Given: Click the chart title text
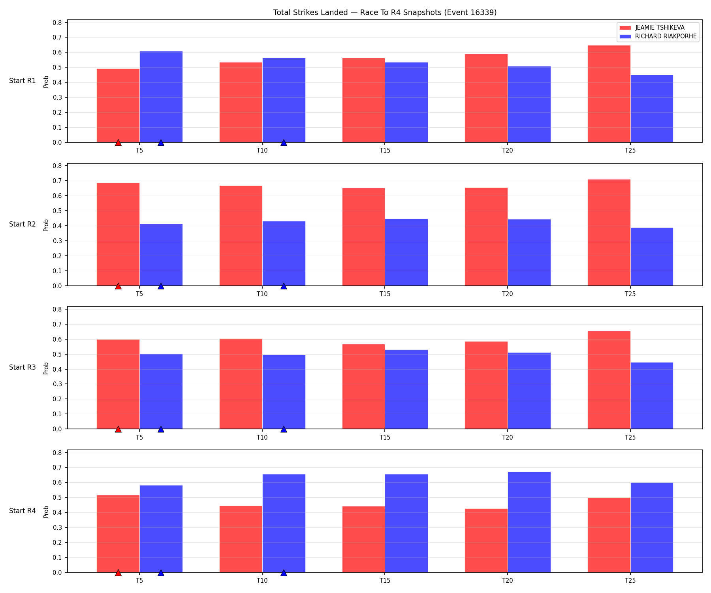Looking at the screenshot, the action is (385, 13).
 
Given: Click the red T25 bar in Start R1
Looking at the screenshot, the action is (609, 94).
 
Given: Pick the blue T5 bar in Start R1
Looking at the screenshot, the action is (161, 97).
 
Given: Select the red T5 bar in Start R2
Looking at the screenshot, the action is (118, 234).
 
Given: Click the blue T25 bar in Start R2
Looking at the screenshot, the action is (652, 257).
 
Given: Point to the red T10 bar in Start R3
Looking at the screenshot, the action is (241, 384).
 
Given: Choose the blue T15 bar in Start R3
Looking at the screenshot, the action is (406, 389).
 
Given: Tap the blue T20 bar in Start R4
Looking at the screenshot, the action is (529, 522).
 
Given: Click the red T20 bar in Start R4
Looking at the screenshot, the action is (486, 540).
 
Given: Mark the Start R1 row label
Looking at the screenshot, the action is (23, 81).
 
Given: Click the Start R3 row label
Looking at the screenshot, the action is (23, 368).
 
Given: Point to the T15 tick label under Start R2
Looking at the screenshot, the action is (385, 294).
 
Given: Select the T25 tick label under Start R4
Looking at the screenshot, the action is (630, 581).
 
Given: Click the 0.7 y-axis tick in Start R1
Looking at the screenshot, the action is (58, 38).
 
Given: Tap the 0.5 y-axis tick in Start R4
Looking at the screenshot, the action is (58, 498).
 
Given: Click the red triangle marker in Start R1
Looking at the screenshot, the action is (118, 142).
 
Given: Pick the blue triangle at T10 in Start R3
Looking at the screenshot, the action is (284, 429).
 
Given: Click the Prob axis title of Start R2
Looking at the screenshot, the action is (46, 225).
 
